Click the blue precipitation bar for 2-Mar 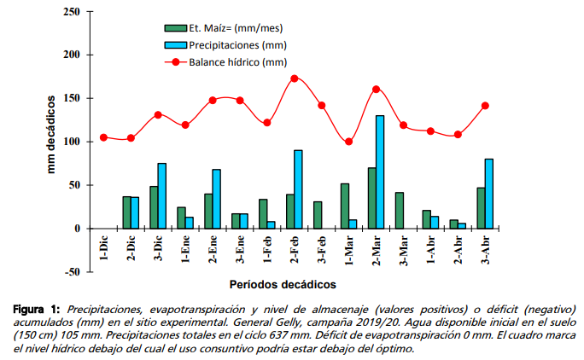click(x=380, y=171)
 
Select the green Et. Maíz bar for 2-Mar click(x=371, y=198)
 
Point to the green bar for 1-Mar click(x=344, y=206)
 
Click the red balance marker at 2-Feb click(x=295, y=78)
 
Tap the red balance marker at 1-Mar click(x=348, y=142)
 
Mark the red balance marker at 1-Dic click(x=103, y=137)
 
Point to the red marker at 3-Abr click(x=484, y=106)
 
